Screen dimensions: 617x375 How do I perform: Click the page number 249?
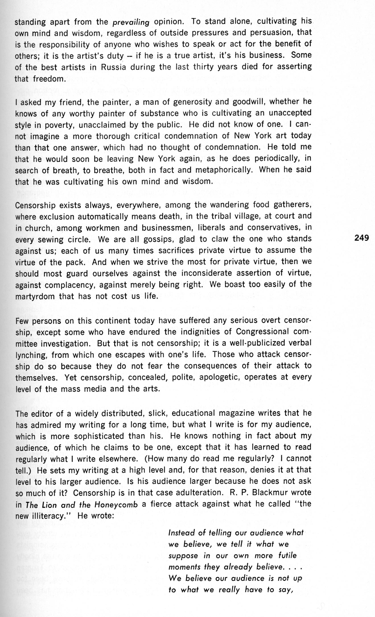361,238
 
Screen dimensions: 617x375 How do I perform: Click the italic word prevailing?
131,22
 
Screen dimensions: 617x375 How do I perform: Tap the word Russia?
113,67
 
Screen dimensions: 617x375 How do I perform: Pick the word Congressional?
262,331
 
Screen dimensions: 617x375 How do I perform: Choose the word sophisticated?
99,436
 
